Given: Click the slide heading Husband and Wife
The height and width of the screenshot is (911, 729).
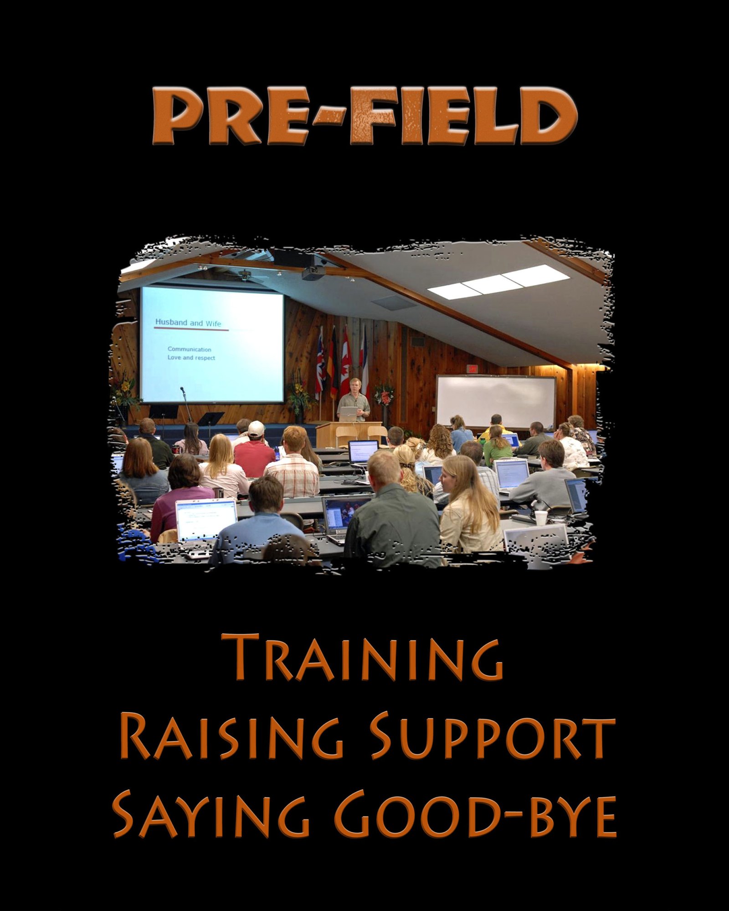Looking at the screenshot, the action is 188,322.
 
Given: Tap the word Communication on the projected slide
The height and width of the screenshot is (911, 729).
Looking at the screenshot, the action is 189,349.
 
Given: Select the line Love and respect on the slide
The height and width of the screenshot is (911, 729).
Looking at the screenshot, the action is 191,358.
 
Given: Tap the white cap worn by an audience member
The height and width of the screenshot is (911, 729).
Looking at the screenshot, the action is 256,428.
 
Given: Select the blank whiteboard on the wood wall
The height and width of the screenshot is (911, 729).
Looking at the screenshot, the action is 496,401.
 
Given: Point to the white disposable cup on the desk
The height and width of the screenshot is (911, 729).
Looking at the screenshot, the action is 540,518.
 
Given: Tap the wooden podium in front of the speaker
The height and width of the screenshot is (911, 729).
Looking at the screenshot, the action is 348,435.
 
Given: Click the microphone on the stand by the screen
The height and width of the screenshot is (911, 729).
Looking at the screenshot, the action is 183,390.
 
